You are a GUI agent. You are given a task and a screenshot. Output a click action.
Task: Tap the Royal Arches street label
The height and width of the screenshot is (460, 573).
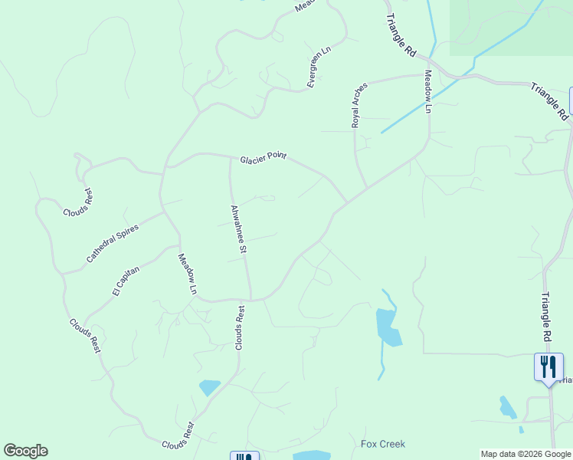(x=359, y=105)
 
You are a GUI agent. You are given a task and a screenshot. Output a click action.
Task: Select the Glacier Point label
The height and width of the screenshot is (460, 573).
(x=263, y=158)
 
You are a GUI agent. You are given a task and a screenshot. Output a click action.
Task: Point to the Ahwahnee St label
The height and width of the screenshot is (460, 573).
(x=237, y=228)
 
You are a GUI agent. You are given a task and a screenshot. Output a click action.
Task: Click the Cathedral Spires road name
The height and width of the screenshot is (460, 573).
(x=112, y=239)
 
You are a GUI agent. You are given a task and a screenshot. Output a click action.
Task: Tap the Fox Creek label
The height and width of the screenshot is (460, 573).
(x=383, y=444)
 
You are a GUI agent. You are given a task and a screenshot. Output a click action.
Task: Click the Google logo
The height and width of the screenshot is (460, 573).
(x=25, y=451)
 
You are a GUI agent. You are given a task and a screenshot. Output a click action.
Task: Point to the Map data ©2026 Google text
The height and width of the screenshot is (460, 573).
(x=526, y=454)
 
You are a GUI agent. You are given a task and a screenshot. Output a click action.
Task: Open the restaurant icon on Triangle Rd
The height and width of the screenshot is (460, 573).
(x=548, y=366)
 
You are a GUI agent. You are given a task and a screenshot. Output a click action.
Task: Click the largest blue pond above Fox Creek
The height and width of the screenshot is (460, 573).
(x=388, y=327)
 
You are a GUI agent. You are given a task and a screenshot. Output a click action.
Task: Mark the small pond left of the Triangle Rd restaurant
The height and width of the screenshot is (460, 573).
(x=507, y=407)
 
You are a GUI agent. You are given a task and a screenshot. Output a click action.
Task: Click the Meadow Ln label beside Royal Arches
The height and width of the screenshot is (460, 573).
(x=428, y=91)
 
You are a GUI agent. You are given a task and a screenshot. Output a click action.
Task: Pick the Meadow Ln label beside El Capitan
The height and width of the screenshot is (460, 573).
(x=188, y=274)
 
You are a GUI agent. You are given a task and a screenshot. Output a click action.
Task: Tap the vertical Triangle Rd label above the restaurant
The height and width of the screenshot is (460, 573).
(x=546, y=317)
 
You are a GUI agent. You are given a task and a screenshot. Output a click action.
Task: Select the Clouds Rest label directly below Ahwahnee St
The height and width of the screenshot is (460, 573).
(x=240, y=328)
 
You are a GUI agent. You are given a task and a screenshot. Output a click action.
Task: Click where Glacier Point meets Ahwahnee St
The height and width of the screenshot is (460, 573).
(x=230, y=157)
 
